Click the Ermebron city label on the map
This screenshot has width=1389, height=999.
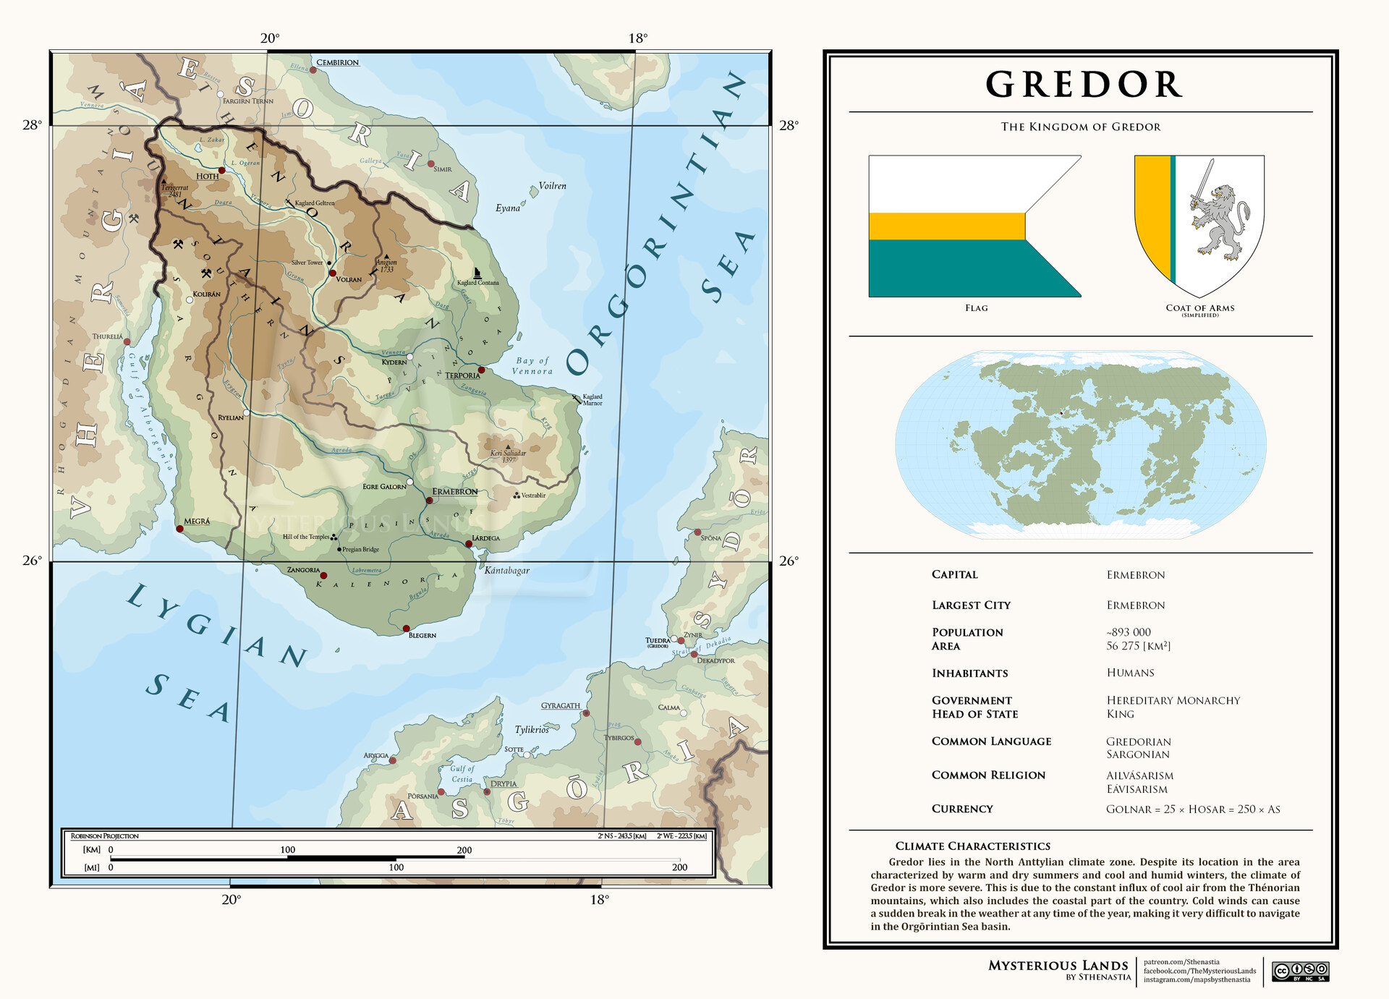click(x=454, y=492)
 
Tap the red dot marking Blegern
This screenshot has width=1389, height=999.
click(x=406, y=629)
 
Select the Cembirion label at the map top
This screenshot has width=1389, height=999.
click(x=337, y=63)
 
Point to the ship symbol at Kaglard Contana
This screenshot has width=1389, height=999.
click(x=477, y=273)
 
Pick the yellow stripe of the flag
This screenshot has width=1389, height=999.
click(x=946, y=226)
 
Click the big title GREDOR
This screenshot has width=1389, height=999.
click(x=1083, y=85)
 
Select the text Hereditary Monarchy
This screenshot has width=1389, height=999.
click(x=1173, y=700)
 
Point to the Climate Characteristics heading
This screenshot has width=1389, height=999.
click(x=972, y=846)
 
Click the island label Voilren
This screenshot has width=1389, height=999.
click(x=552, y=186)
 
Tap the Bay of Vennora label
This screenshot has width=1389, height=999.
click(x=532, y=366)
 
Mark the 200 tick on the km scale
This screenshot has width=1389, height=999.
click(x=464, y=851)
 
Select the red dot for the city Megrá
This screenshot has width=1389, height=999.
click(x=180, y=529)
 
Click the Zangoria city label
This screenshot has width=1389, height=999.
click(x=303, y=570)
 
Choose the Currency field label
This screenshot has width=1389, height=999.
click(x=961, y=809)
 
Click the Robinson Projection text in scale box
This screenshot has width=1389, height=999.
click(x=105, y=836)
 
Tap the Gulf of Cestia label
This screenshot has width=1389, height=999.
click(x=462, y=774)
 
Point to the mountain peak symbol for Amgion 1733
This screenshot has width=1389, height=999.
click(x=386, y=255)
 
